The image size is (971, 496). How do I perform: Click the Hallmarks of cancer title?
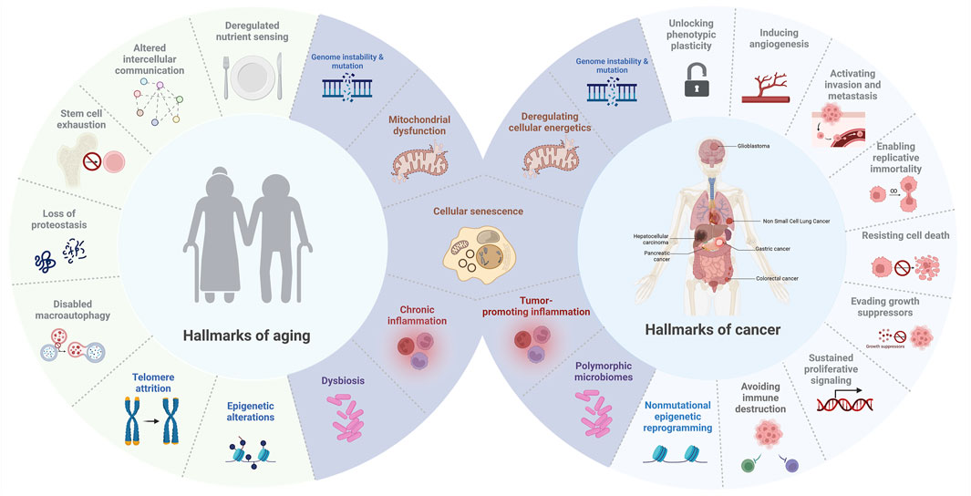(x=712, y=329)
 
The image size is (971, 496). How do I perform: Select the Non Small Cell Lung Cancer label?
(x=801, y=221)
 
